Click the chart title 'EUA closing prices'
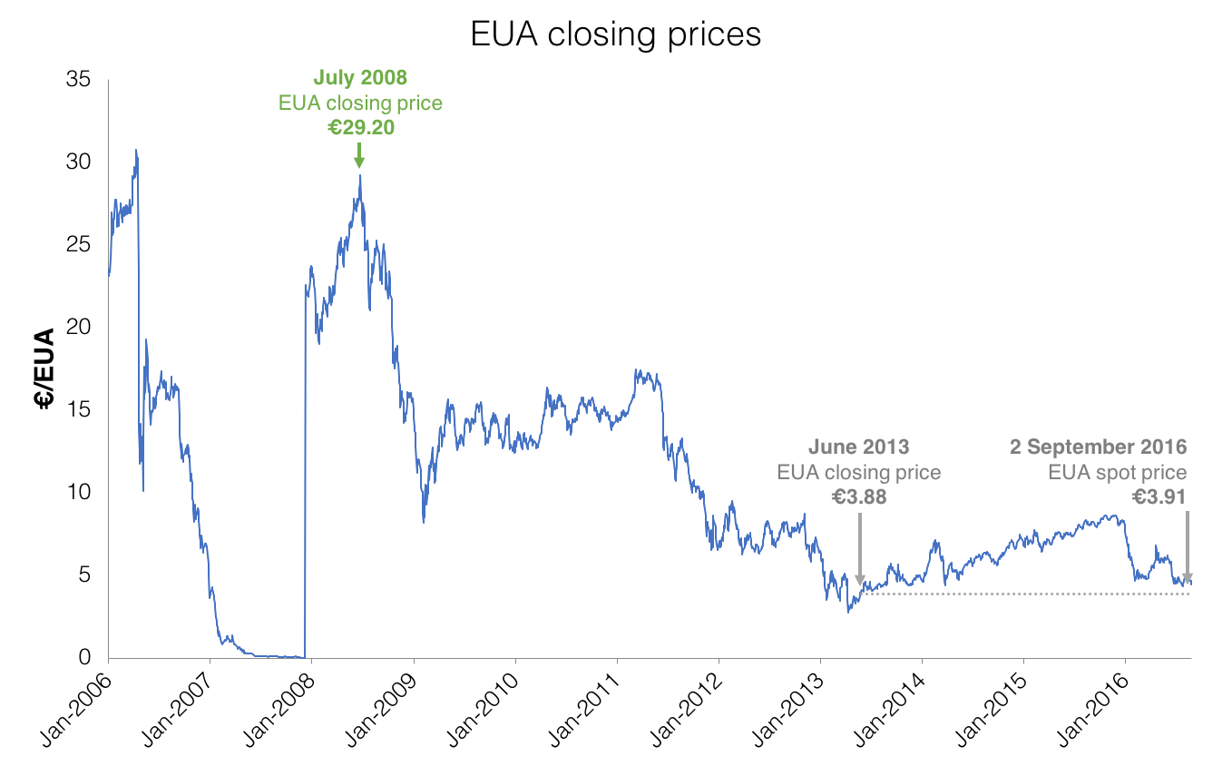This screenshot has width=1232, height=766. click(615, 34)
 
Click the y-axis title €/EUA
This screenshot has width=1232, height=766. click(45, 368)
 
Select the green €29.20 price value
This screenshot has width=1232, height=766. click(360, 127)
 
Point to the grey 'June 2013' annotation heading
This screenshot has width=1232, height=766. click(859, 447)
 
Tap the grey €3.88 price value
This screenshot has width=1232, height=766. click(859, 496)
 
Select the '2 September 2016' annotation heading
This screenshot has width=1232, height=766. click(1099, 447)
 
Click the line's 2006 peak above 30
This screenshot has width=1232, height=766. click(136, 151)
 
